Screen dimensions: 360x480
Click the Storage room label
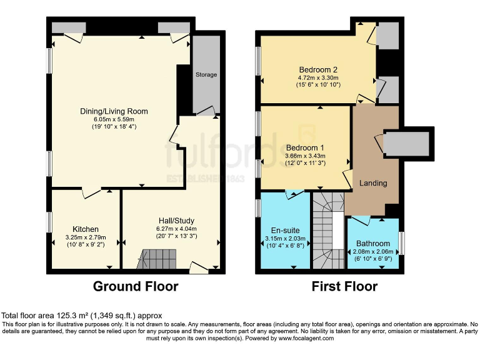[206, 74]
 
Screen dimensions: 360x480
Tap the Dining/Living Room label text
[114, 111]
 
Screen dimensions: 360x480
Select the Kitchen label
[85, 229]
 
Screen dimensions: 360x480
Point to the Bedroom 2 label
[318, 69]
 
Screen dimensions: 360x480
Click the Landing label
[373, 183]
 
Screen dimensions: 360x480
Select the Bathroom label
[372, 243]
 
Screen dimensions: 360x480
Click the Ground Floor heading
[136, 287]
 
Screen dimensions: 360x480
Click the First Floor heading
[345, 287]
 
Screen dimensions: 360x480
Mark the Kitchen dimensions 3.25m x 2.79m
[85, 237]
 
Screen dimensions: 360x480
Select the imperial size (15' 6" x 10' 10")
[318, 85]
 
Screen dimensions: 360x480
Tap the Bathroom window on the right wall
[402, 242]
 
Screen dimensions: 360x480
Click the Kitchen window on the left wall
[49, 222]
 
